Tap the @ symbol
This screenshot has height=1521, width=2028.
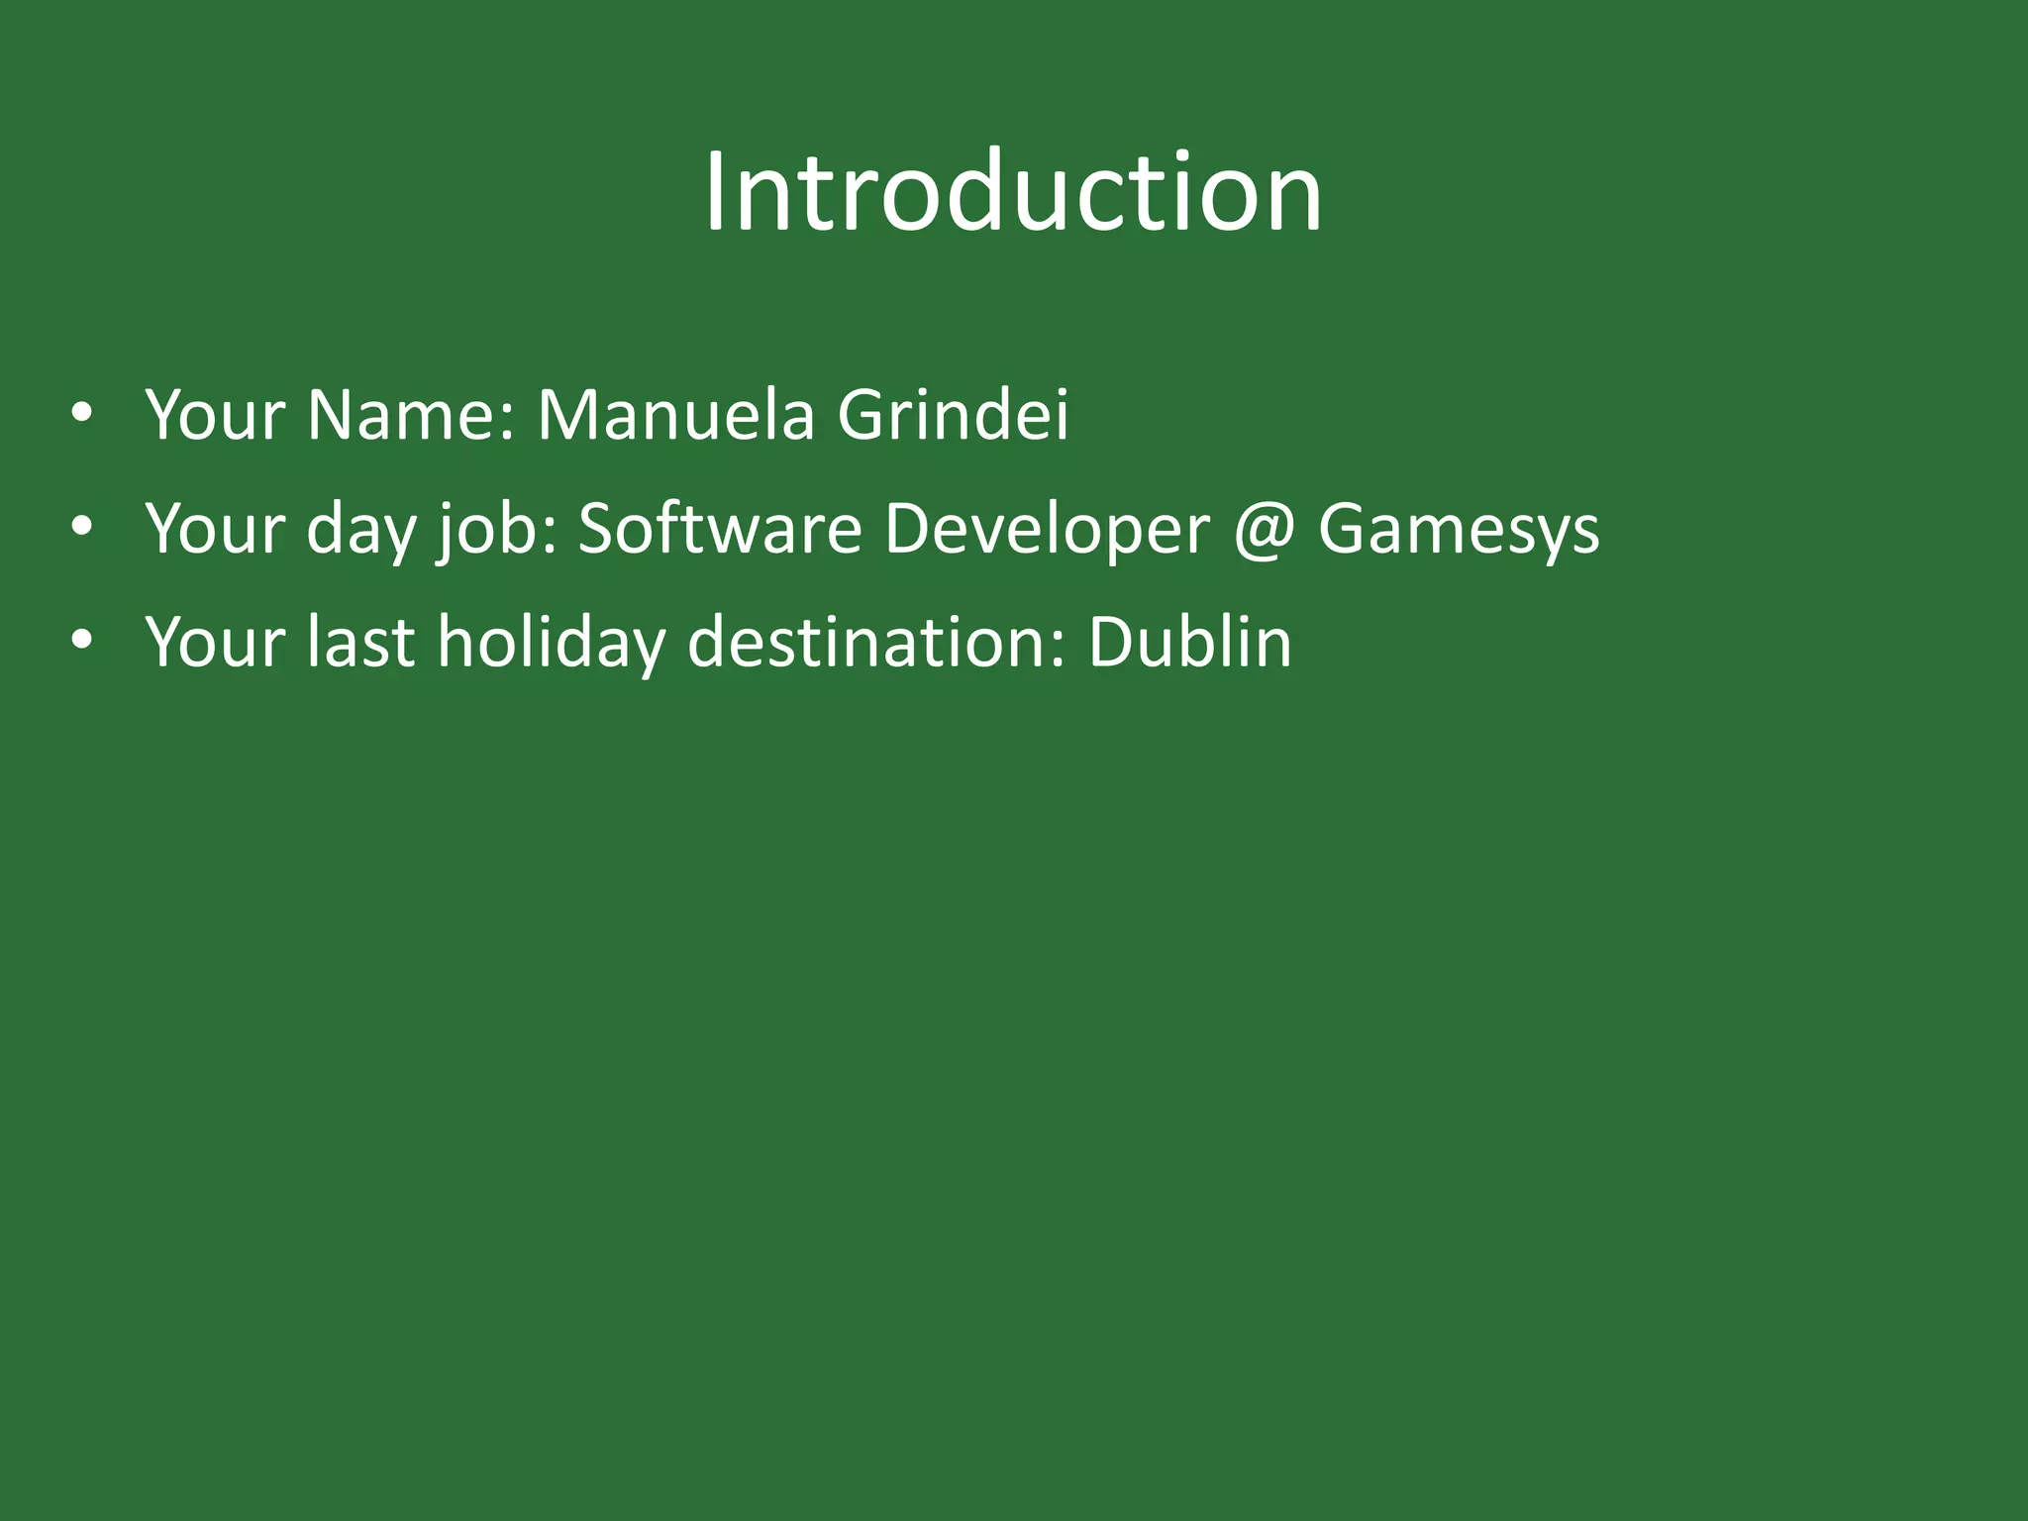point(1264,530)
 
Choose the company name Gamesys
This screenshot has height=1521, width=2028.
point(1458,530)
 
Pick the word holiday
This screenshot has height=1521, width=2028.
point(551,644)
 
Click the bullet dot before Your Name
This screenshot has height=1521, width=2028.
point(82,414)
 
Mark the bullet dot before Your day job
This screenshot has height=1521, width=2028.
point(82,528)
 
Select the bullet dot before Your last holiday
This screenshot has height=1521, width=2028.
point(82,642)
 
